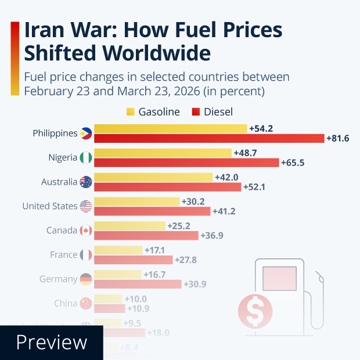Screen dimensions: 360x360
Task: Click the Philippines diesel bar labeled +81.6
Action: pyautogui.click(x=209, y=138)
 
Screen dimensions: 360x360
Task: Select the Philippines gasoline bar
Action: pyautogui.click(x=171, y=128)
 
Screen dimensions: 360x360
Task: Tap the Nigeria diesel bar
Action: pyautogui.click(x=186, y=163)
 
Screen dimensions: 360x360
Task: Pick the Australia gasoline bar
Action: pyautogui.click(x=153, y=177)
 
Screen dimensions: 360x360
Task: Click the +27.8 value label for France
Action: pyautogui.click(x=185, y=260)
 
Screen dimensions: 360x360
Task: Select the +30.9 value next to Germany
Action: pyautogui.click(x=195, y=285)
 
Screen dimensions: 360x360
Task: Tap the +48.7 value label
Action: pyautogui.click(x=244, y=153)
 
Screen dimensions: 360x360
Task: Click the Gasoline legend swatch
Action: pyautogui.click(x=131, y=112)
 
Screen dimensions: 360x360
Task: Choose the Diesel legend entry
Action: pyautogui.click(x=213, y=112)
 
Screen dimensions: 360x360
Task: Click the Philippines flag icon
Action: pyautogui.click(x=86, y=133)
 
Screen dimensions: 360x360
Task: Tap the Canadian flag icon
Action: pyautogui.click(x=86, y=231)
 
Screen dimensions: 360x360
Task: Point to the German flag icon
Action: pyautogui.click(x=86, y=279)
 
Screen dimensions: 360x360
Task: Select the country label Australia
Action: pyautogui.click(x=59, y=182)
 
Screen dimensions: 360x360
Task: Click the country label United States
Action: pyautogui.click(x=49, y=206)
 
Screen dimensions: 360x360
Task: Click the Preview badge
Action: pyautogui.click(x=51, y=343)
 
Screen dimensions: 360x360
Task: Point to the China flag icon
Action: pyautogui.click(x=86, y=304)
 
